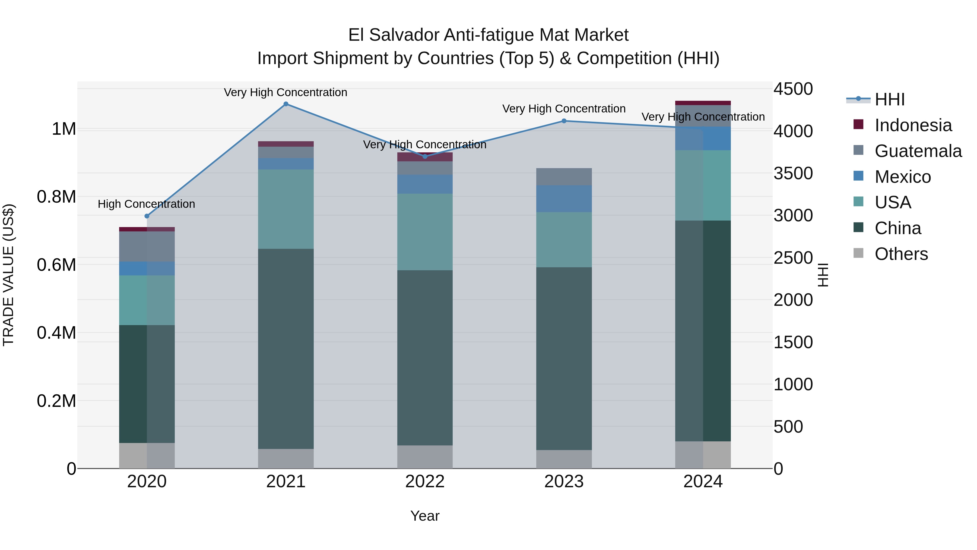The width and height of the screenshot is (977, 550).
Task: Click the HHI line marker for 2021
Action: pyautogui.click(x=286, y=104)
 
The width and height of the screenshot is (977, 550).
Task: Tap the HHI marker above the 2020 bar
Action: pyautogui.click(x=147, y=216)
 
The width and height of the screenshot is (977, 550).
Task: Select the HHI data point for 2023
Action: pyautogui.click(x=564, y=121)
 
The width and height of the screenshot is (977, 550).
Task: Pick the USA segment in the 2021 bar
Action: pyautogui.click(x=286, y=209)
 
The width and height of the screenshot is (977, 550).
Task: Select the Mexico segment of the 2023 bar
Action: pyautogui.click(x=564, y=199)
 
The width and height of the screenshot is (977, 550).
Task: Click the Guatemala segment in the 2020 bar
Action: pyautogui.click(x=147, y=246)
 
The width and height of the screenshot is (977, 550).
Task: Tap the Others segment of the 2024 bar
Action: pyautogui.click(x=703, y=454)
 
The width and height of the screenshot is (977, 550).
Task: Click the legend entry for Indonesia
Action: pyautogui.click(x=913, y=125)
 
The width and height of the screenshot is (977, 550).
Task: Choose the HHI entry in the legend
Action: pyautogui.click(x=889, y=99)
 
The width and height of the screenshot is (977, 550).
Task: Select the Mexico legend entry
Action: pyautogui.click(x=902, y=177)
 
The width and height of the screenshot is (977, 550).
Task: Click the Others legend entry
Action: pyautogui.click(x=901, y=254)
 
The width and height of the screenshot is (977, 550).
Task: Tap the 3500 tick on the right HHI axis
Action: pyautogui.click(x=793, y=174)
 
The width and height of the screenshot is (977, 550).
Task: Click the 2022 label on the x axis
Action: pyautogui.click(x=425, y=482)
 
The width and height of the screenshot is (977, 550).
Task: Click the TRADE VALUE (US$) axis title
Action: pyautogui.click(x=8, y=275)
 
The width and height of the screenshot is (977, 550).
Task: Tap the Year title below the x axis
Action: pyautogui.click(x=425, y=516)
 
